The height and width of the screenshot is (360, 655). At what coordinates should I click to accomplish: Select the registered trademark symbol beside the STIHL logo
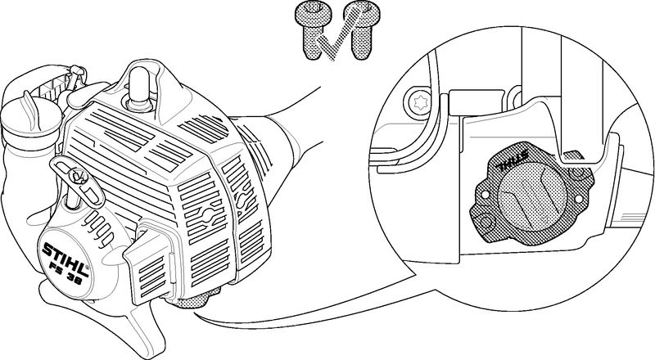click(88, 267)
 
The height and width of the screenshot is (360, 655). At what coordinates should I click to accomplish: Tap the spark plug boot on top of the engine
click(139, 88)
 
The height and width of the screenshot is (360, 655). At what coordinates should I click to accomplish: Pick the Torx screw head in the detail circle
click(418, 102)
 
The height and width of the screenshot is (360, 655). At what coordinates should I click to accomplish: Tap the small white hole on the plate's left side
click(485, 195)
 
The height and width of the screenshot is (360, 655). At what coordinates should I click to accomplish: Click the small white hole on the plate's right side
click(579, 199)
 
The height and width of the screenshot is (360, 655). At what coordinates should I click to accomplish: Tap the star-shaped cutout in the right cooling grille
click(207, 215)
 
